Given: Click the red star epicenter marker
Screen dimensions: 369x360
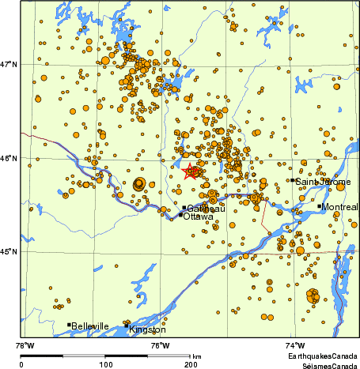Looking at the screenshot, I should pos(191,171).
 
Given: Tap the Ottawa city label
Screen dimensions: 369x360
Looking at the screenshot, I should pos(198,216).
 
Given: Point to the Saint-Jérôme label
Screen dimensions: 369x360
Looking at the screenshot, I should pos(323,182).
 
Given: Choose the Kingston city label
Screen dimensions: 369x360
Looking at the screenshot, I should pos(148,329).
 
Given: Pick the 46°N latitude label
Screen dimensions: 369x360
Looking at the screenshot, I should pos(10,158).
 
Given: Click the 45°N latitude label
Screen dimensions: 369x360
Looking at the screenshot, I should pos(10,252).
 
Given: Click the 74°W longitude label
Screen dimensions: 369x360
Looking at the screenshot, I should pos(294,345).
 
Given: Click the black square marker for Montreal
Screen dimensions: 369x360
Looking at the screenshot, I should pos(320,206).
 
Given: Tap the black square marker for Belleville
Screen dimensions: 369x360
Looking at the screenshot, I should pos(69,324).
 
